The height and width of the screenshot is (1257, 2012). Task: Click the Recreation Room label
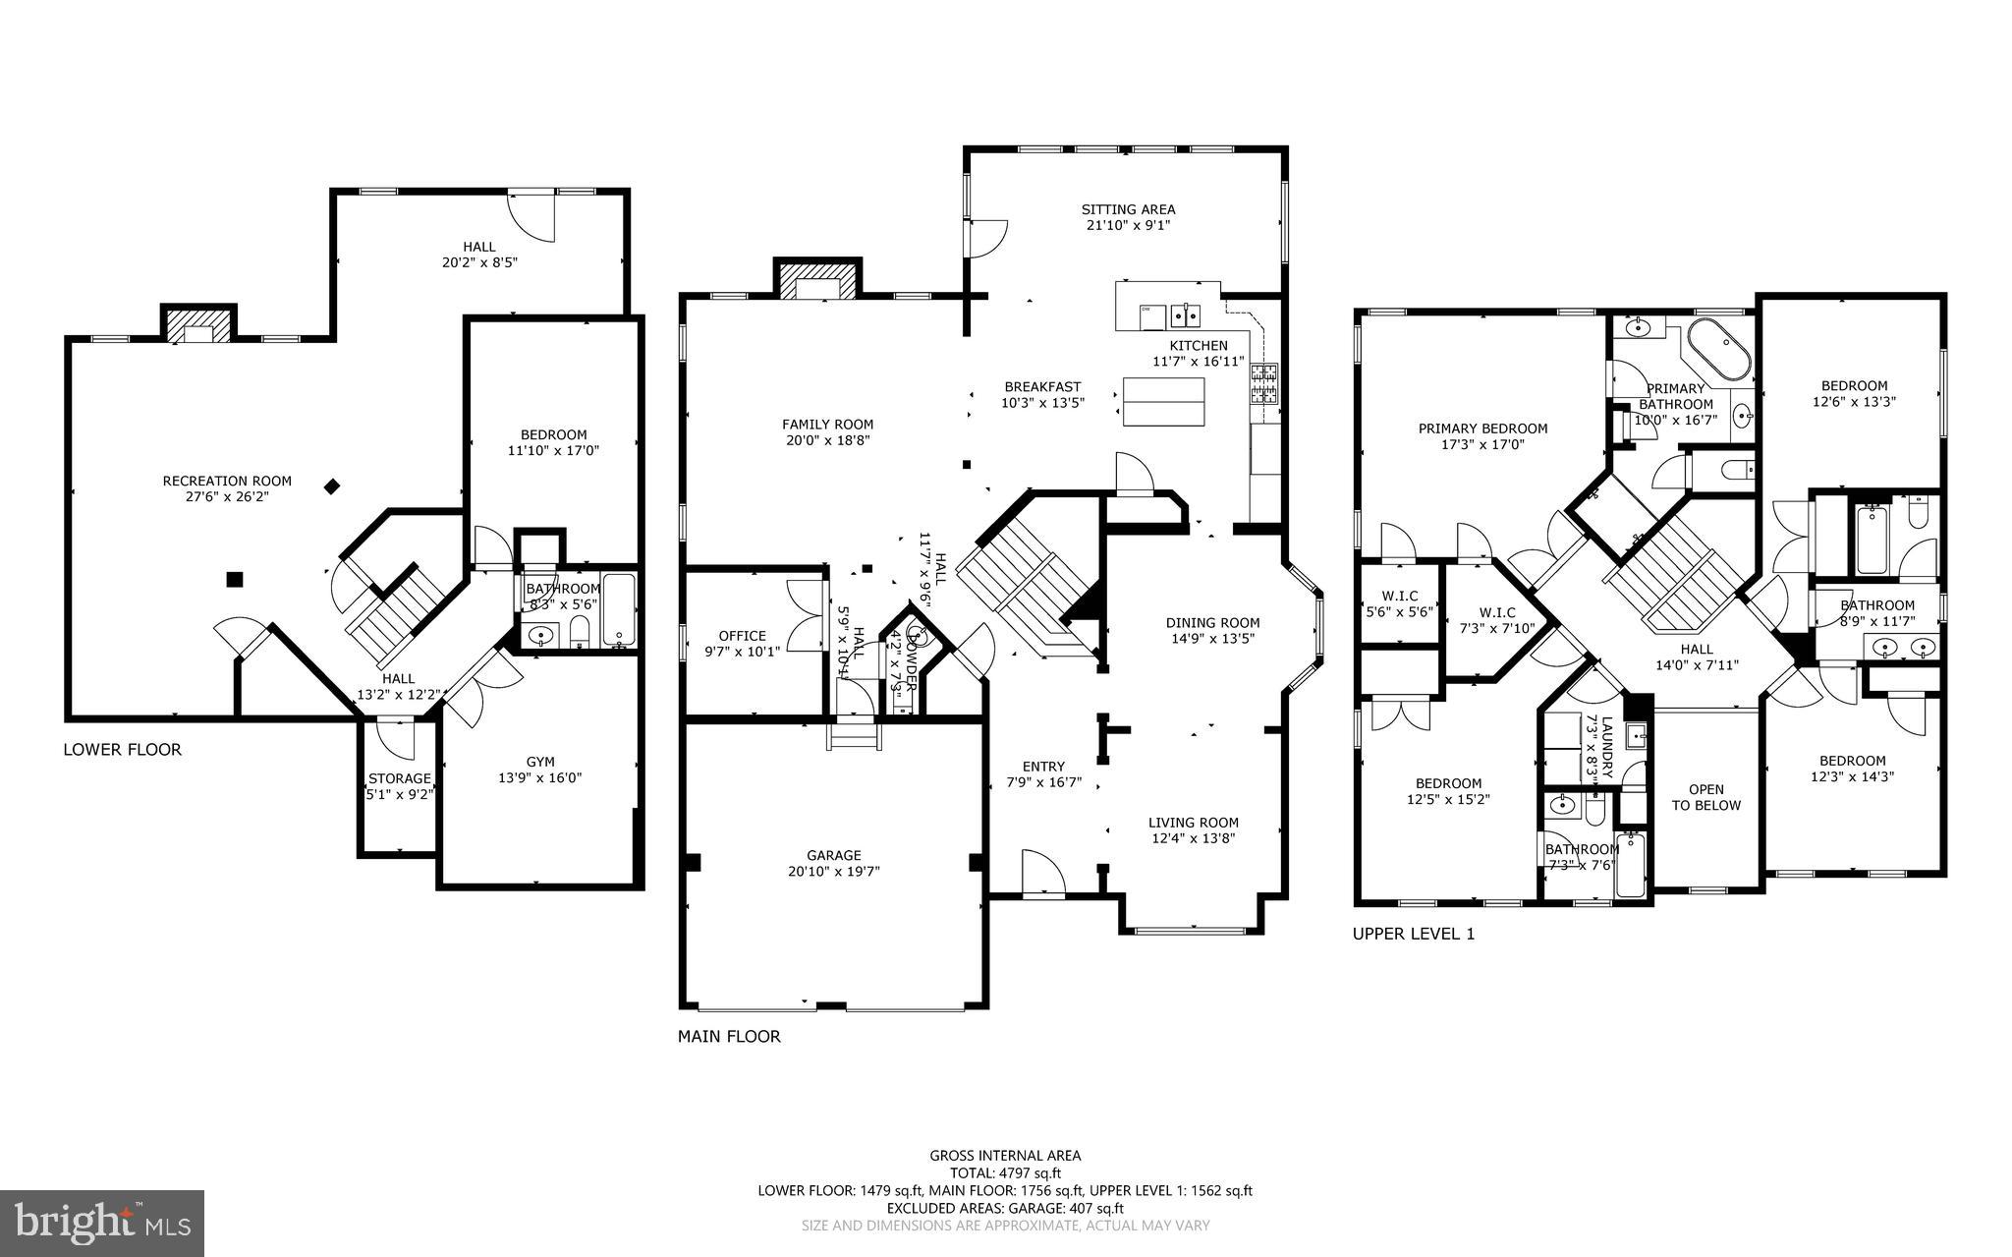click(227, 481)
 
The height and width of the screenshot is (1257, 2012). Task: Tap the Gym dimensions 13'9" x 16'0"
click(540, 777)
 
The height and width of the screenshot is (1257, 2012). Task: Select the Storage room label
click(399, 778)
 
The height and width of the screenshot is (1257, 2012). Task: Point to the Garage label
click(833, 855)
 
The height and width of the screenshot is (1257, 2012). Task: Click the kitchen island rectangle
click(1164, 401)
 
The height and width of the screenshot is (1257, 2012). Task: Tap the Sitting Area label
click(1128, 209)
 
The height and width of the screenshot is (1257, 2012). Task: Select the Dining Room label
click(1212, 622)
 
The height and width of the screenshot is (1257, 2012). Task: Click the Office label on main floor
click(742, 635)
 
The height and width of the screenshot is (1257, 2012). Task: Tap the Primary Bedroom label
click(1482, 429)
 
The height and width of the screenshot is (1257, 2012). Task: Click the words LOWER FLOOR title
click(123, 750)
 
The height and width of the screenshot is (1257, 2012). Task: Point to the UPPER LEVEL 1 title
click(1414, 934)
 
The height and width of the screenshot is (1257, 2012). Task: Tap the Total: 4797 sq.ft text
click(1005, 1172)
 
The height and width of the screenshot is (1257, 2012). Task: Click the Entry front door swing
click(1041, 874)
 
